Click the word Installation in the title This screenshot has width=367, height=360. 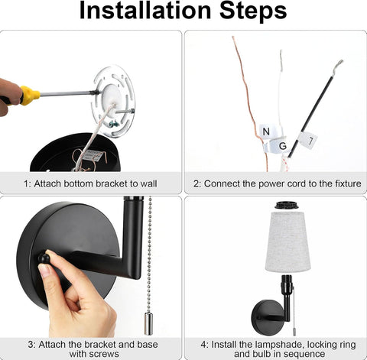(x=145, y=10)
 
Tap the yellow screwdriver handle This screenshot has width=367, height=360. (x=30, y=96)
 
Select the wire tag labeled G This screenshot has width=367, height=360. (x=280, y=146)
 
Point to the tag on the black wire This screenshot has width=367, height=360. (x=308, y=140)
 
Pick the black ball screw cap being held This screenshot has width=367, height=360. (x=44, y=258)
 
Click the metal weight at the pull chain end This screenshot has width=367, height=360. (x=148, y=323)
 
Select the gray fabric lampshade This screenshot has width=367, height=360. (x=287, y=241)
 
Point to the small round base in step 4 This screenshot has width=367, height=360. (x=266, y=317)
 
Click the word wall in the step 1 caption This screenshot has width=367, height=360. (x=148, y=183)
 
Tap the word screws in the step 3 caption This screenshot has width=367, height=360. (x=105, y=354)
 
